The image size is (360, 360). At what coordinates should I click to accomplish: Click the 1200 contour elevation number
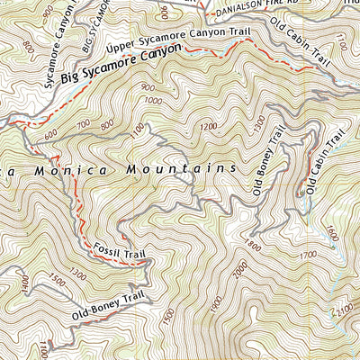pos(210,128)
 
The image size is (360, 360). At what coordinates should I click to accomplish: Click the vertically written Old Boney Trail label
pos(269,161)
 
